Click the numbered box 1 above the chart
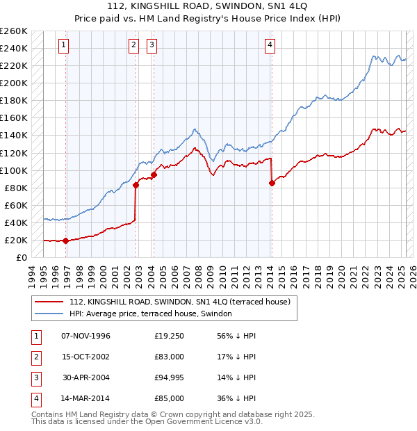pos(63,46)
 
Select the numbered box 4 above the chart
pos(270,46)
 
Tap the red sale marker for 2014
pos(272,183)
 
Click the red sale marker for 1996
pos(65,241)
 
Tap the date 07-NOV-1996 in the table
pos(85,336)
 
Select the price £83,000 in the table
pos(170,357)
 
